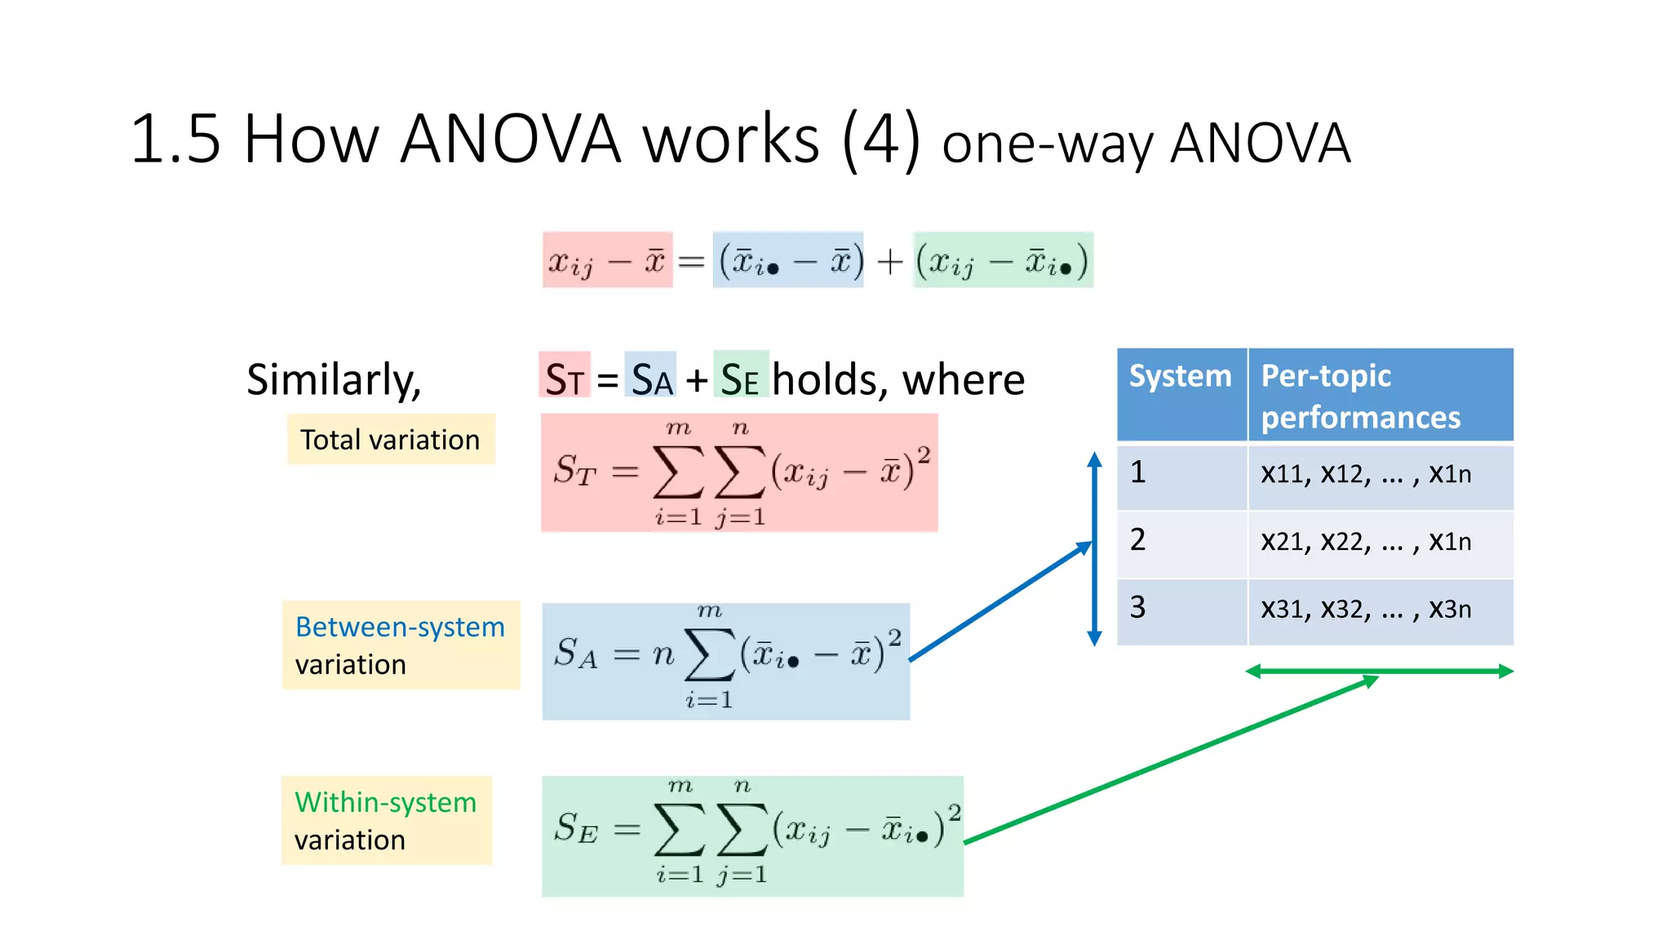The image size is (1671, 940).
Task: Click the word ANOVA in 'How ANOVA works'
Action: (x=511, y=139)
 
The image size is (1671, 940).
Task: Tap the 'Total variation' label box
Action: (x=390, y=440)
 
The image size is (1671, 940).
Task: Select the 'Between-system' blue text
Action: (x=400, y=627)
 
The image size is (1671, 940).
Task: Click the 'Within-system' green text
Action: (x=385, y=802)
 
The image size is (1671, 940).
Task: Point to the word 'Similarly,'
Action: (x=334, y=379)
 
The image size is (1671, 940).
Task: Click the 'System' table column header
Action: (x=1180, y=377)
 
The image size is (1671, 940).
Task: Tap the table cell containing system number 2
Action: (x=1181, y=541)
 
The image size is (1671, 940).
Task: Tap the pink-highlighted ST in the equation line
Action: (x=565, y=379)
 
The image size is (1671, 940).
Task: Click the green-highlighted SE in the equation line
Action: (x=740, y=379)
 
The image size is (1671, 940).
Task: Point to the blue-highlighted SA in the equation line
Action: (x=651, y=379)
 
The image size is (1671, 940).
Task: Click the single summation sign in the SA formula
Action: (x=709, y=654)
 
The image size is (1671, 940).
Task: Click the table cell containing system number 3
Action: (x=1181, y=609)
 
